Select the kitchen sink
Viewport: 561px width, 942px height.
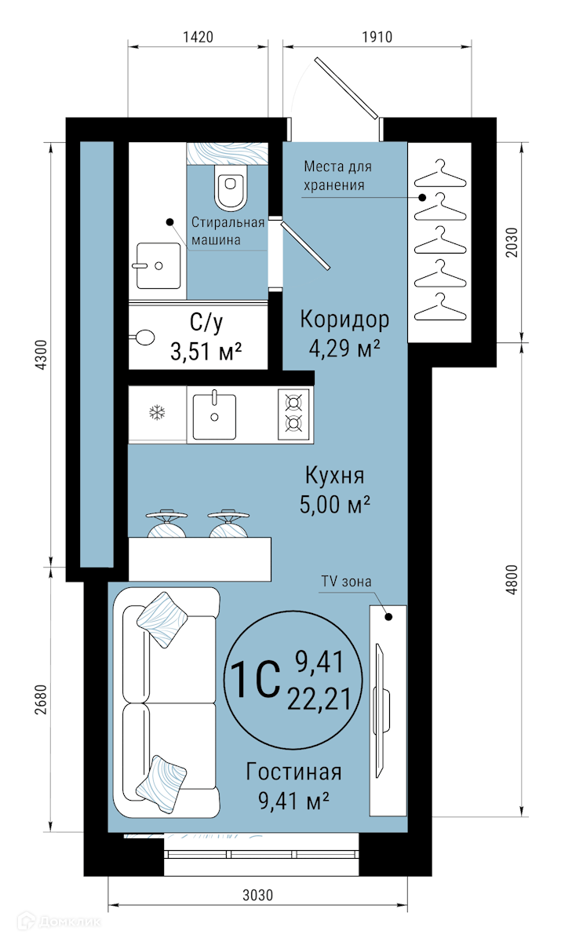(x=214, y=416)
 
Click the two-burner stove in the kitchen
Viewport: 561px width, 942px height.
(x=293, y=414)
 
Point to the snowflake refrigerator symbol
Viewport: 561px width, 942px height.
(x=158, y=413)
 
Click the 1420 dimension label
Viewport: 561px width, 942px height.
(x=198, y=37)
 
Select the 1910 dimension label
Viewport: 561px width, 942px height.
(x=377, y=37)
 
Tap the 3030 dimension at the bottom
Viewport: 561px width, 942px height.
(x=257, y=895)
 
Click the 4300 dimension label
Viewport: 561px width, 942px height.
(x=41, y=355)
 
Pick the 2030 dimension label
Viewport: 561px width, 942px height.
(x=512, y=243)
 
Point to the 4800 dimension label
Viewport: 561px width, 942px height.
(x=512, y=579)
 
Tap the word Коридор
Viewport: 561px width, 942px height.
(x=344, y=320)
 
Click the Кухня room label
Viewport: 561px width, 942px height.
(x=334, y=476)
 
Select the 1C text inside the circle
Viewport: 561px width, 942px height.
(x=255, y=679)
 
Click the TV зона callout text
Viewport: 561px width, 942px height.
(x=346, y=581)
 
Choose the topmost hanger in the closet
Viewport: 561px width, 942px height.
(x=440, y=173)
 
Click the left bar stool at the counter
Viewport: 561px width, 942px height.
(x=166, y=524)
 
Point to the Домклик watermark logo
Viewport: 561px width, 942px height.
(x=60, y=922)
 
